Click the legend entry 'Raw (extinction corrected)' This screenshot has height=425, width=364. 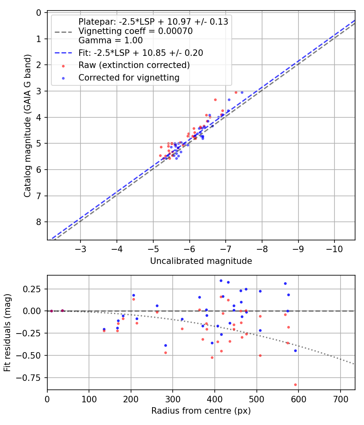pos(134,65)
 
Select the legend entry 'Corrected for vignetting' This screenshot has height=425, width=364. pos(129,78)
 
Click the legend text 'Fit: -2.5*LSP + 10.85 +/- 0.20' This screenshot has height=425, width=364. pos(140,53)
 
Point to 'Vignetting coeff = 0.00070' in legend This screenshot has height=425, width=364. pos(135,31)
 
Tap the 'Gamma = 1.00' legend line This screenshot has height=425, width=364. pos(110,40)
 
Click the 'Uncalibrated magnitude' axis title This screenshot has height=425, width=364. pos(201,261)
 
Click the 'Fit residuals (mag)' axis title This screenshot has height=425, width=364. pos(7,333)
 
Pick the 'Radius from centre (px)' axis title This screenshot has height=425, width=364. pos(201,411)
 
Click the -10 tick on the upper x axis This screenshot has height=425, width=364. pos(334,247)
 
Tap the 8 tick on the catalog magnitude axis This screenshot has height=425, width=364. pos(39,222)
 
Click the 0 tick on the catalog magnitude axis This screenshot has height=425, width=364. pos(39,13)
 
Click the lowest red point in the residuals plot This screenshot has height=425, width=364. pos(295,385)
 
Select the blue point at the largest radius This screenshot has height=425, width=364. pos(295,351)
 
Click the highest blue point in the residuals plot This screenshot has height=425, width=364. pos(221,280)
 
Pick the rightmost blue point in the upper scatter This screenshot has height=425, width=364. pos(242,92)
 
